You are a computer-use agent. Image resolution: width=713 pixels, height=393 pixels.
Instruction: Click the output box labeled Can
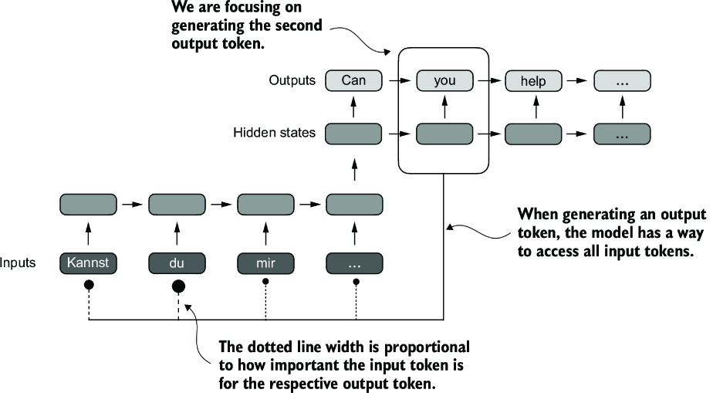click(353, 80)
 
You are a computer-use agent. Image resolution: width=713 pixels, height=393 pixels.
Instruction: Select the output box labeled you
click(444, 80)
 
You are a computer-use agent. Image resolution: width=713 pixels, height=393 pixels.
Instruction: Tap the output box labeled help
click(533, 80)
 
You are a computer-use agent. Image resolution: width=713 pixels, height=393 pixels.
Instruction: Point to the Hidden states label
click(274, 133)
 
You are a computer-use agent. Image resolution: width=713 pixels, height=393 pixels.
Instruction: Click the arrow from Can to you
click(398, 80)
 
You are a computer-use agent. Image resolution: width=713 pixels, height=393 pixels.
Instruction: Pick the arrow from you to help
click(488, 80)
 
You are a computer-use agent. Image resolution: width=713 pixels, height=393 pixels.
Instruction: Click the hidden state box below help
click(533, 133)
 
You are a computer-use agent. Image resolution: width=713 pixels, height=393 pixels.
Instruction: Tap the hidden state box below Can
click(353, 133)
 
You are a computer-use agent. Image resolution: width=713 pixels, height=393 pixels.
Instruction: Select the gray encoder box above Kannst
click(88, 205)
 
